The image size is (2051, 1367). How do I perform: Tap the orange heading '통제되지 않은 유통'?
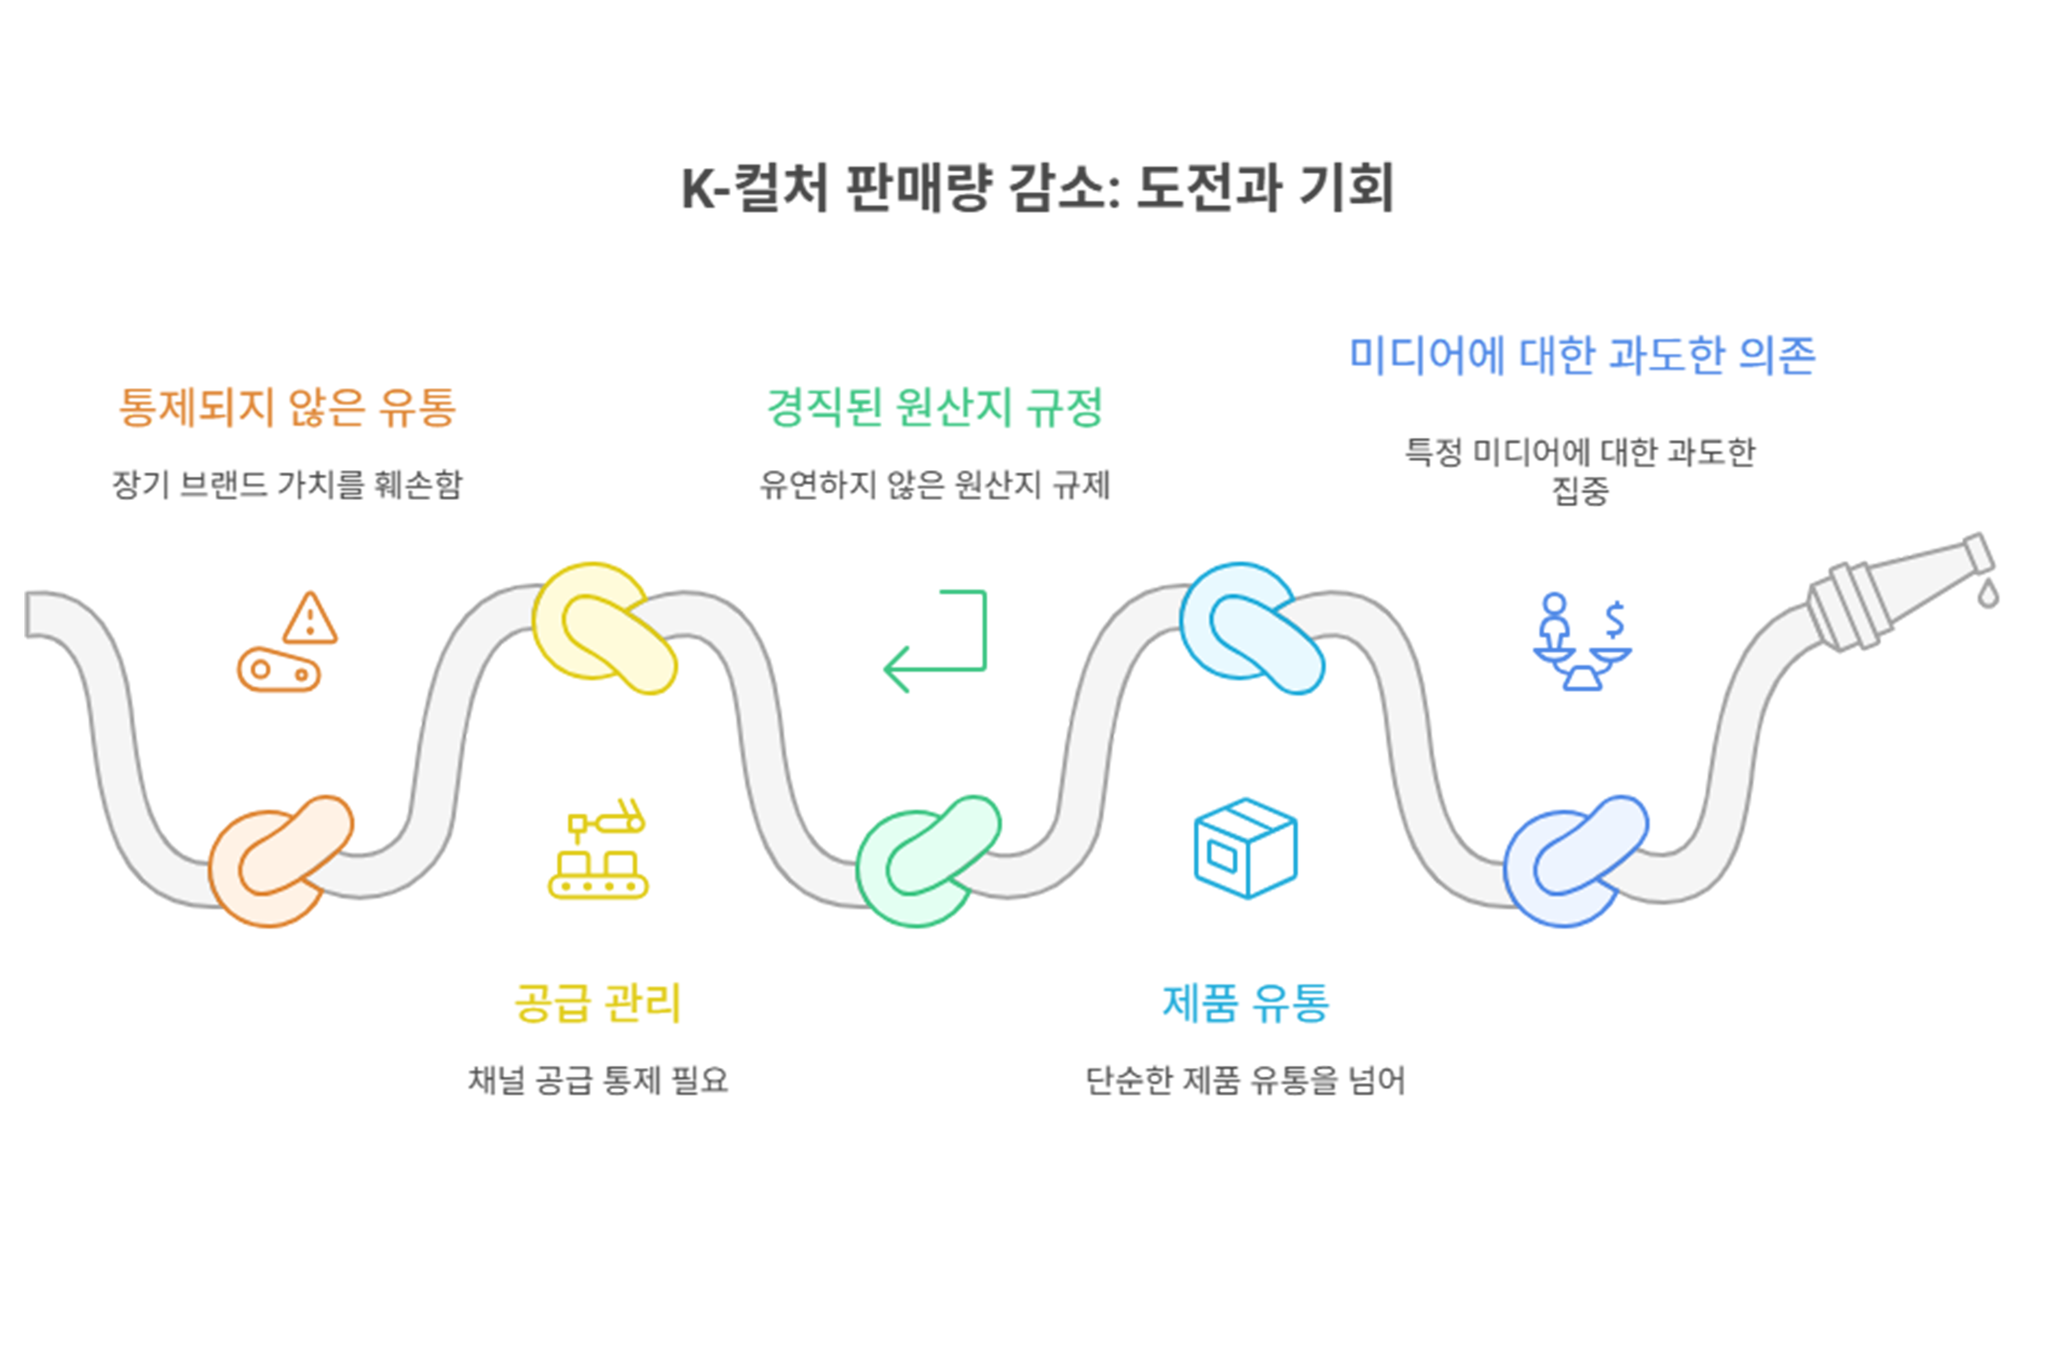(x=287, y=407)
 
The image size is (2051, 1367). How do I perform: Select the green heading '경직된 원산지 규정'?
(x=935, y=407)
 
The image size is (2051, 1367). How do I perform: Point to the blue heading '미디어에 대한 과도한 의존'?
(x=1582, y=355)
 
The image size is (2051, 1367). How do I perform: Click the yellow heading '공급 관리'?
(x=598, y=1002)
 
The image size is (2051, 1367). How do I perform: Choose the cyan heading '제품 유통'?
(x=1246, y=1002)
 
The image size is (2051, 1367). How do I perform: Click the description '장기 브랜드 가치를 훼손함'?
(x=287, y=485)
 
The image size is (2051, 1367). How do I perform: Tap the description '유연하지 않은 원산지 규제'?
(x=935, y=485)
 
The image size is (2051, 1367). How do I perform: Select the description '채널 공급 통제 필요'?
(x=598, y=1080)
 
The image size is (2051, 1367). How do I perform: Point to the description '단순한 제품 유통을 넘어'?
(x=1246, y=1080)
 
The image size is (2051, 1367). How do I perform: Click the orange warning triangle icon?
(x=310, y=618)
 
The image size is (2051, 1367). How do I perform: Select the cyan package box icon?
(x=1246, y=848)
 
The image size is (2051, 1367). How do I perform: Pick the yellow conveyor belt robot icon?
(x=598, y=848)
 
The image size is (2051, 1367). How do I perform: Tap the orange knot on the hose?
(x=281, y=861)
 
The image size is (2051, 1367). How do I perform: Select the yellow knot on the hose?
(x=604, y=628)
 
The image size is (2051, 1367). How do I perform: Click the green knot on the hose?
(x=928, y=861)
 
